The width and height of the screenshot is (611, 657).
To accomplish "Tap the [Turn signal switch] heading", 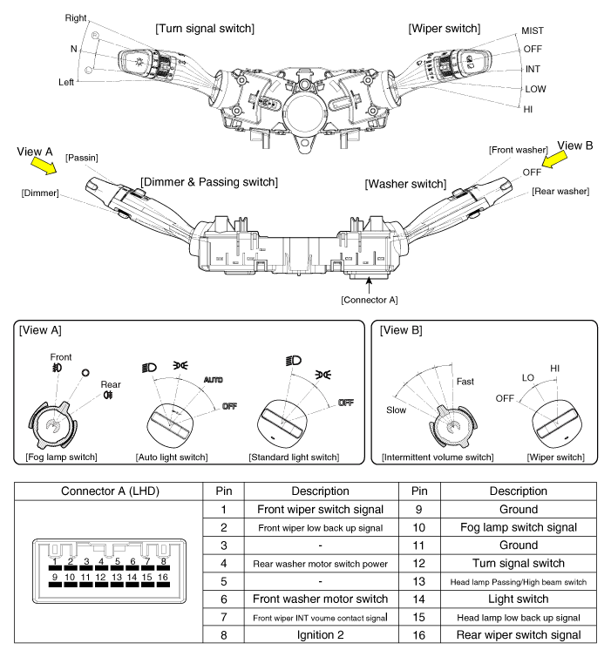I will tap(205, 29).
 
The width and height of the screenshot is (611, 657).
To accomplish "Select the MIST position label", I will tap(533, 30).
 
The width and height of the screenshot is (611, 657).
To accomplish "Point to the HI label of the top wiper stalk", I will tap(528, 109).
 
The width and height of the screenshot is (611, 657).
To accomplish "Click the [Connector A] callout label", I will tap(370, 300).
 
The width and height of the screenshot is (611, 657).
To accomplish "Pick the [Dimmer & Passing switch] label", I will tap(209, 181).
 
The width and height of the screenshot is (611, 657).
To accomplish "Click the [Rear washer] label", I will tap(560, 191).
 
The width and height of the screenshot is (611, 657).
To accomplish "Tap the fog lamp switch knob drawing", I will tap(55, 424).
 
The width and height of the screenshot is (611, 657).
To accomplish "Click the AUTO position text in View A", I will tap(213, 382).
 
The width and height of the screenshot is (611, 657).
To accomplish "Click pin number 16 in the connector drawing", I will tap(164, 576).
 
